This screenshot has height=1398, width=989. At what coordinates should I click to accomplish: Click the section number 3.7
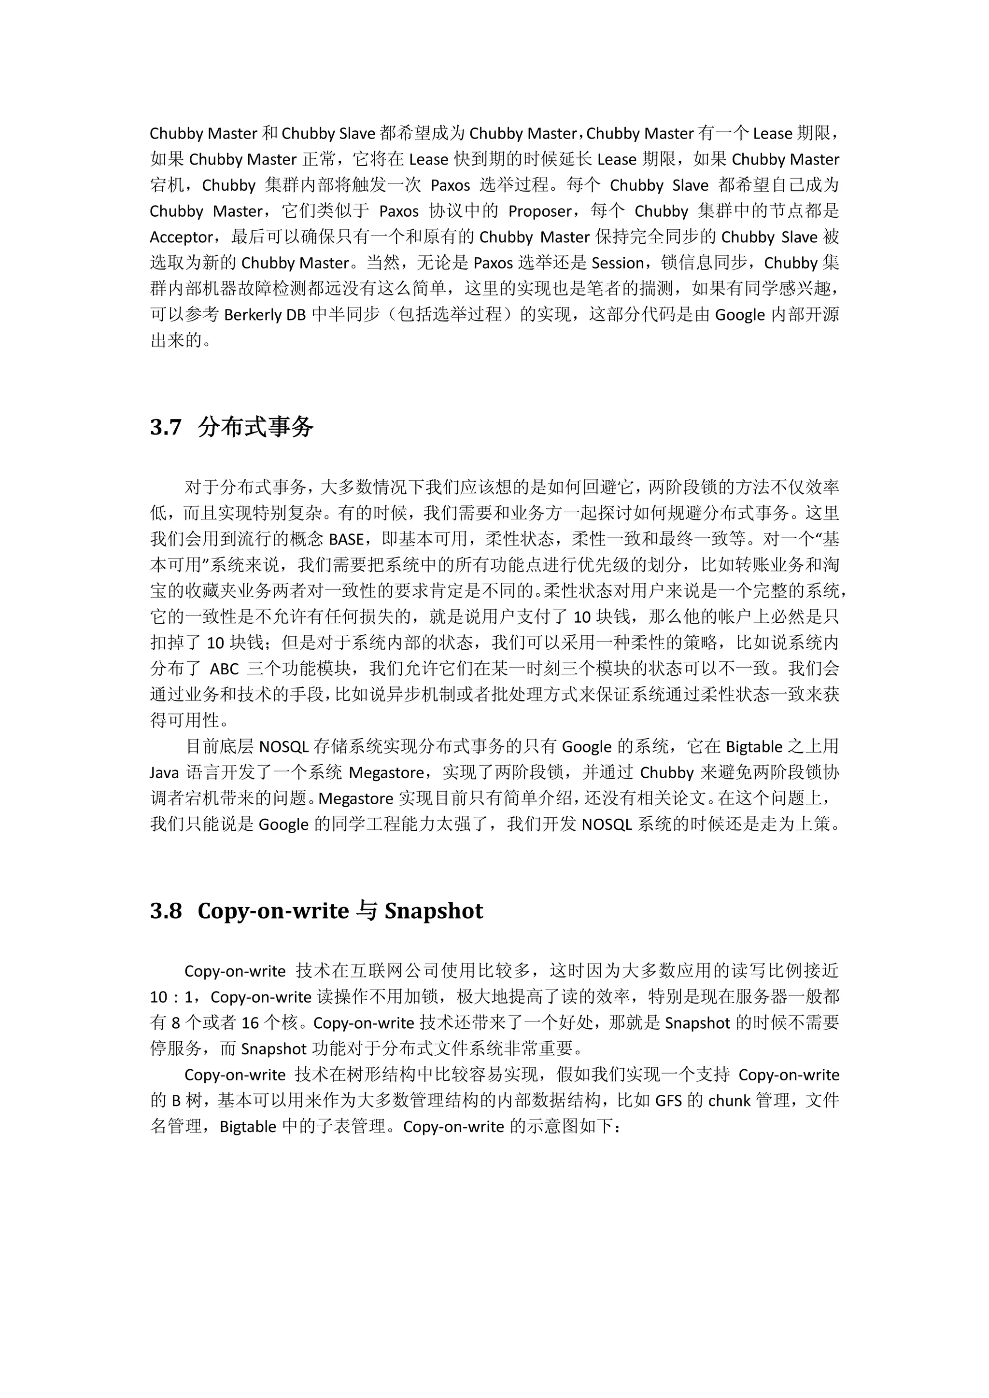pos(166,427)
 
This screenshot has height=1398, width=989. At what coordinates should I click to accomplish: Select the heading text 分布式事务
pos(256,427)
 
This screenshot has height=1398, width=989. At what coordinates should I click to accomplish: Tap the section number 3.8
pos(166,911)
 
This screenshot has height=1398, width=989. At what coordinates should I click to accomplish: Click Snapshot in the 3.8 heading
pos(434,911)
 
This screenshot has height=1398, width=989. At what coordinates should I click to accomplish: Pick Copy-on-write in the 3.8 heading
pos(273,911)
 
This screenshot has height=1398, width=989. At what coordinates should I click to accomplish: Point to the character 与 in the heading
pos(367,911)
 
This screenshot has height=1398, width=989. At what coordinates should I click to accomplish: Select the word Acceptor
pos(182,238)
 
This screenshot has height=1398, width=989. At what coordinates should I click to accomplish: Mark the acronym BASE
pos(346,540)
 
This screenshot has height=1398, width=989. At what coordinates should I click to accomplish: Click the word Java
pos(164,773)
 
